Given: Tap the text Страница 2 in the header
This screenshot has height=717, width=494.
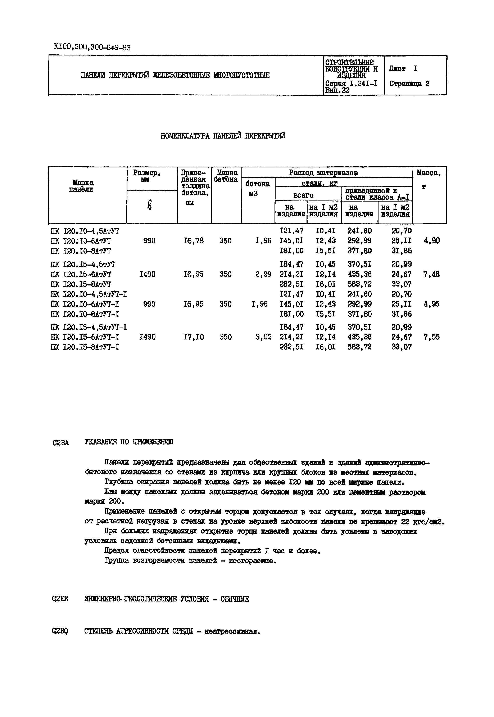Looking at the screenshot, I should point(409,84).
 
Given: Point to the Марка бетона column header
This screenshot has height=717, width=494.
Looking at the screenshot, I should point(227,176).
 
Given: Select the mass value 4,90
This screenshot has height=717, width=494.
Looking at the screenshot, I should point(431,240).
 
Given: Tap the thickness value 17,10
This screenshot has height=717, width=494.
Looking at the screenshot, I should point(194,337).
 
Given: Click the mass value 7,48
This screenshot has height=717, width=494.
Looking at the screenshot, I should point(431,274).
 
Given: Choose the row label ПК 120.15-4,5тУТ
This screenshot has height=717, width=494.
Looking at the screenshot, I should point(83,264).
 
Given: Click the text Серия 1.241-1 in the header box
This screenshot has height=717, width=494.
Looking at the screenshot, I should point(351,83).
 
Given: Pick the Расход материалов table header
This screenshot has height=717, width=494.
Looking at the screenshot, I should point(323,172).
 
